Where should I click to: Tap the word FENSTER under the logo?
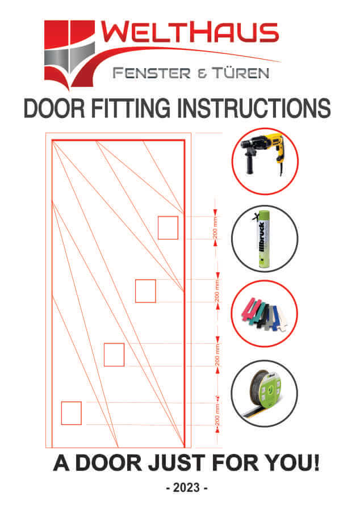pyautogui.click(x=152, y=73)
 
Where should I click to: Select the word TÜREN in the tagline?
pyautogui.click(x=241, y=72)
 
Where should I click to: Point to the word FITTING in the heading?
pyautogui.click(x=131, y=108)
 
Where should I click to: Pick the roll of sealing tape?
pyautogui.click(x=265, y=394)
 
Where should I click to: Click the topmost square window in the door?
pyautogui.click(x=168, y=227)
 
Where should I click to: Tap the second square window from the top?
pyautogui.click(x=145, y=291)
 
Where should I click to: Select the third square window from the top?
pyautogui.click(x=114, y=355)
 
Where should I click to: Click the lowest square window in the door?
pyautogui.click(x=72, y=413)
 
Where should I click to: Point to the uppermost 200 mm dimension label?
pyautogui.click(x=215, y=227)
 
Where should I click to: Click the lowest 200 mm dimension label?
pyautogui.click(x=217, y=414)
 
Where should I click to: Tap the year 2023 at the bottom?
pyautogui.click(x=186, y=487)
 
